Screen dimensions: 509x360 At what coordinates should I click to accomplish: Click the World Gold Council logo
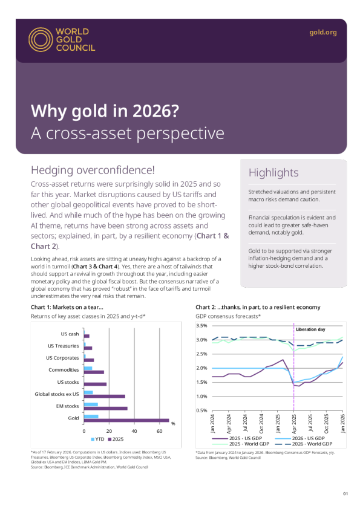(x=61, y=39)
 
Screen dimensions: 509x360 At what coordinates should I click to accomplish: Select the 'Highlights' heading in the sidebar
(x=273, y=173)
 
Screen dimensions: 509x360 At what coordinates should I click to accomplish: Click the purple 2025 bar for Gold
(x=126, y=420)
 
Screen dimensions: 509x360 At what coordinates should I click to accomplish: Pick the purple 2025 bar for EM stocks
(x=105, y=408)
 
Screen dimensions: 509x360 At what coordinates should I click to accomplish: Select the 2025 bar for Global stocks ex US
(x=104, y=396)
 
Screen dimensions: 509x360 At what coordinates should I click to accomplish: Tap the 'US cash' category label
(x=70, y=334)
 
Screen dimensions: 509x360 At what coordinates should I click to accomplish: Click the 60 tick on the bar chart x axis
(x=159, y=431)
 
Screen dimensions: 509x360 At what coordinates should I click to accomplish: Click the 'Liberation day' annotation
(x=310, y=329)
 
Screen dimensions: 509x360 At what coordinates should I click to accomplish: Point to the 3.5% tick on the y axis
(x=201, y=325)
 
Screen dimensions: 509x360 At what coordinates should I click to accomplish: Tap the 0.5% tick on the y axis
(x=201, y=410)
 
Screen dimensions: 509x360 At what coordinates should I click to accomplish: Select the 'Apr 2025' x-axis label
(x=294, y=425)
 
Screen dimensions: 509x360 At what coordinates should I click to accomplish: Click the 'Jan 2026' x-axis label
(x=342, y=425)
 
